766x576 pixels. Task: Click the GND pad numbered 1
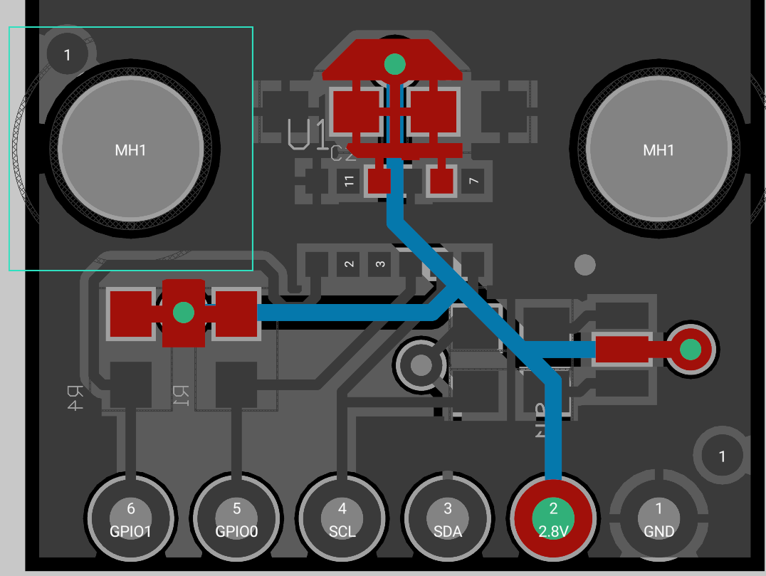[659, 517]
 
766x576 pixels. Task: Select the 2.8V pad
[553, 517]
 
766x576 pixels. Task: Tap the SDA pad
[448, 517]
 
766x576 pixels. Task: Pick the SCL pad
[342, 517]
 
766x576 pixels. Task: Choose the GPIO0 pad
[237, 517]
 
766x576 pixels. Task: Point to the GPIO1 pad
[131, 517]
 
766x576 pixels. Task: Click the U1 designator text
[308, 134]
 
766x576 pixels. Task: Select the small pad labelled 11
[349, 182]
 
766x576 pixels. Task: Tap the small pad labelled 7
[473, 182]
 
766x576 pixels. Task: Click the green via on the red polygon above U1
[394, 64]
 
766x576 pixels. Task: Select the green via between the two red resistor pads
[184, 312]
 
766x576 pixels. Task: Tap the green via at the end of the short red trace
[690, 350]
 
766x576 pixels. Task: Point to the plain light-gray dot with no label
[584, 265]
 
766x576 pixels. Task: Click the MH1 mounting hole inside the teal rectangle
[131, 150]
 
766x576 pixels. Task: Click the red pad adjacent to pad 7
[441, 181]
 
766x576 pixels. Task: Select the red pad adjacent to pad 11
[379, 181]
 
